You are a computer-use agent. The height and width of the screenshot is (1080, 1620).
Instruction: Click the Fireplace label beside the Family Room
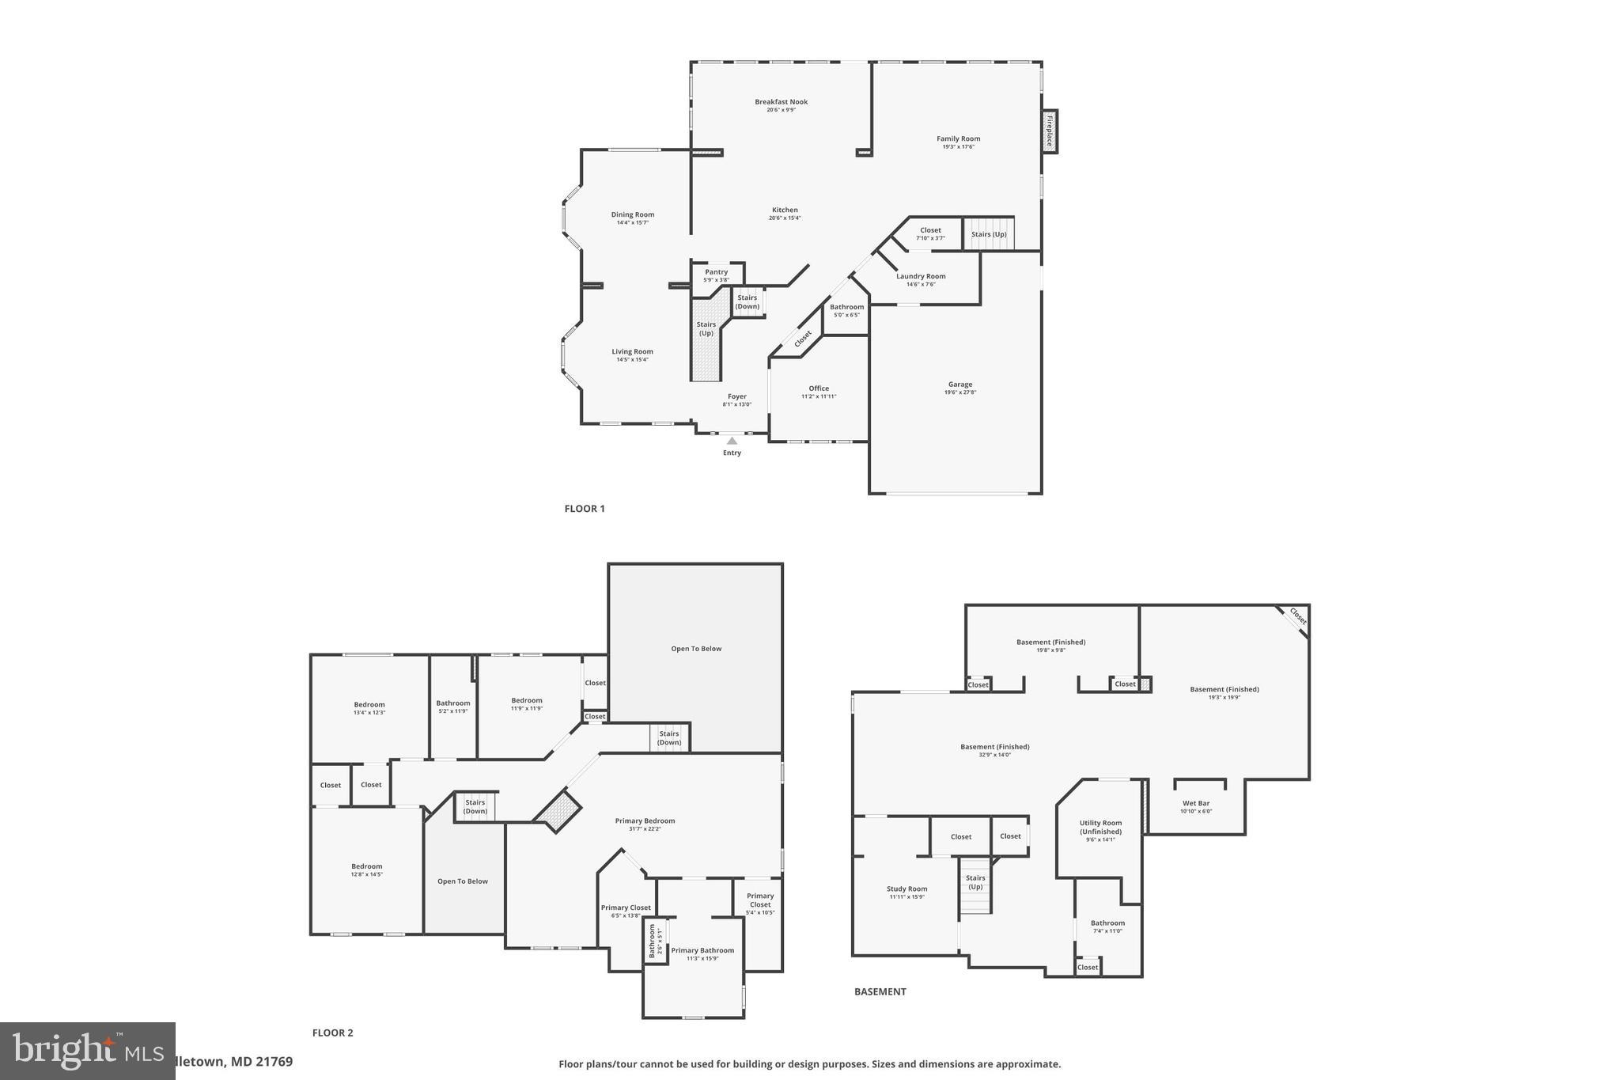[x=1050, y=131]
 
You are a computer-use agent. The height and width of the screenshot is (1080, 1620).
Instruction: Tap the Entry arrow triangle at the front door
[x=732, y=441]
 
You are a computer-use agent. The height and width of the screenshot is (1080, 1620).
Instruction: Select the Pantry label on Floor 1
[x=716, y=271]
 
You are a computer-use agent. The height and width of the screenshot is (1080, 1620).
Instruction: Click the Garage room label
[x=960, y=385]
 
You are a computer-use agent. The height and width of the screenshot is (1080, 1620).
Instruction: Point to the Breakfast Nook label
[x=781, y=101]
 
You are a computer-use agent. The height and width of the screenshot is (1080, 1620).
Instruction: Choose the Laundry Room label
[x=921, y=276]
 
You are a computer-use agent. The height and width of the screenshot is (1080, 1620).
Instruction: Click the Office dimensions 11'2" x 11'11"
[x=819, y=396]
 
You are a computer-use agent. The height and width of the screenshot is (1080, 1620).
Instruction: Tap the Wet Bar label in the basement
[x=1196, y=803]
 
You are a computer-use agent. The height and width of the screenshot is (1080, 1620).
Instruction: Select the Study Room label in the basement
[x=907, y=889]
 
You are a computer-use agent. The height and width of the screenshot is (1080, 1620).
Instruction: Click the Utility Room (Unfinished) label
[x=1100, y=827]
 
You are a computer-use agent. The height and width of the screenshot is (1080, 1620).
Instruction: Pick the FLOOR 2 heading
[x=333, y=1033]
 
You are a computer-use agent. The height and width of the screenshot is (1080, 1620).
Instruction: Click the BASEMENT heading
[x=880, y=991]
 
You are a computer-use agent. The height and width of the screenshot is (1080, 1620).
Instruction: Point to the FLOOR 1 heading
[x=585, y=509]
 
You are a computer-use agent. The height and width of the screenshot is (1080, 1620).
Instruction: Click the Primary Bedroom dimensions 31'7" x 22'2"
[x=645, y=829]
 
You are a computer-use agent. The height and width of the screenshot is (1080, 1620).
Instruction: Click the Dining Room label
[x=633, y=214]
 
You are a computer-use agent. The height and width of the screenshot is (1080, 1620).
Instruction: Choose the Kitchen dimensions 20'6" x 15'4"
[x=785, y=218]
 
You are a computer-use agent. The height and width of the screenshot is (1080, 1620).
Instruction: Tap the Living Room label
[x=632, y=351]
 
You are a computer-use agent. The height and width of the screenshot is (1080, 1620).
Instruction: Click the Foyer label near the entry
[x=736, y=396]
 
